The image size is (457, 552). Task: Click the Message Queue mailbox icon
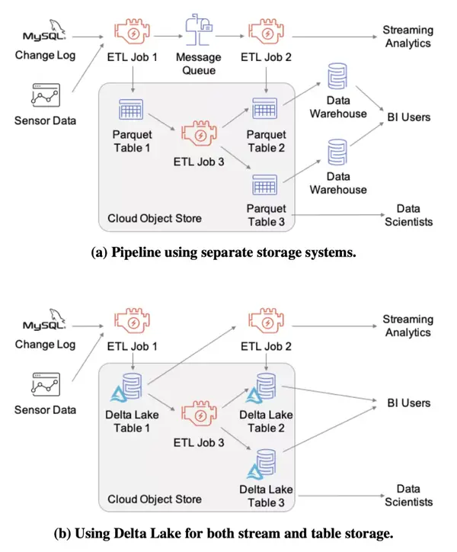(x=199, y=30)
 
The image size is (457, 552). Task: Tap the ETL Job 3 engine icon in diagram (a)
(x=199, y=133)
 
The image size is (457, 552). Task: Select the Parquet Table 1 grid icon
(x=131, y=110)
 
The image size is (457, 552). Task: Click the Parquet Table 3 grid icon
(x=264, y=185)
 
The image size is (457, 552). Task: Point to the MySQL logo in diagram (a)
(x=44, y=30)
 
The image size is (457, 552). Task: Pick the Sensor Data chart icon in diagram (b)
(x=46, y=384)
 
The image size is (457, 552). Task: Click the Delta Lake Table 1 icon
(x=126, y=387)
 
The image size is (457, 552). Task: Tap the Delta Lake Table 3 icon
(x=261, y=464)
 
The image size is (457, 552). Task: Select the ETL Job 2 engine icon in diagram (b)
(x=267, y=321)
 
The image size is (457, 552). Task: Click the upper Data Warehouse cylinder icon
(x=337, y=76)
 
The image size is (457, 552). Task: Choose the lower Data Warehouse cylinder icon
(x=337, y=152)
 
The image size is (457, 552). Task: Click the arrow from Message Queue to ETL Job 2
(x=230, y=36)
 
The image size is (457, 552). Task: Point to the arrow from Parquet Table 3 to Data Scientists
(x=338, y=215)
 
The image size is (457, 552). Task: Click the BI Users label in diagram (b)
(x=409, y=403)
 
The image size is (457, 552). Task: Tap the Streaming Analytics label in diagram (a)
(x=408, y=37)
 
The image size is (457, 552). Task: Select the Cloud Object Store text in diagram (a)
(x=155, y=218)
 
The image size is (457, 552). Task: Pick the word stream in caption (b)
(x=256, y=534)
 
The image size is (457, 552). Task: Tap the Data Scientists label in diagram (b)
(x=408, y=496)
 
